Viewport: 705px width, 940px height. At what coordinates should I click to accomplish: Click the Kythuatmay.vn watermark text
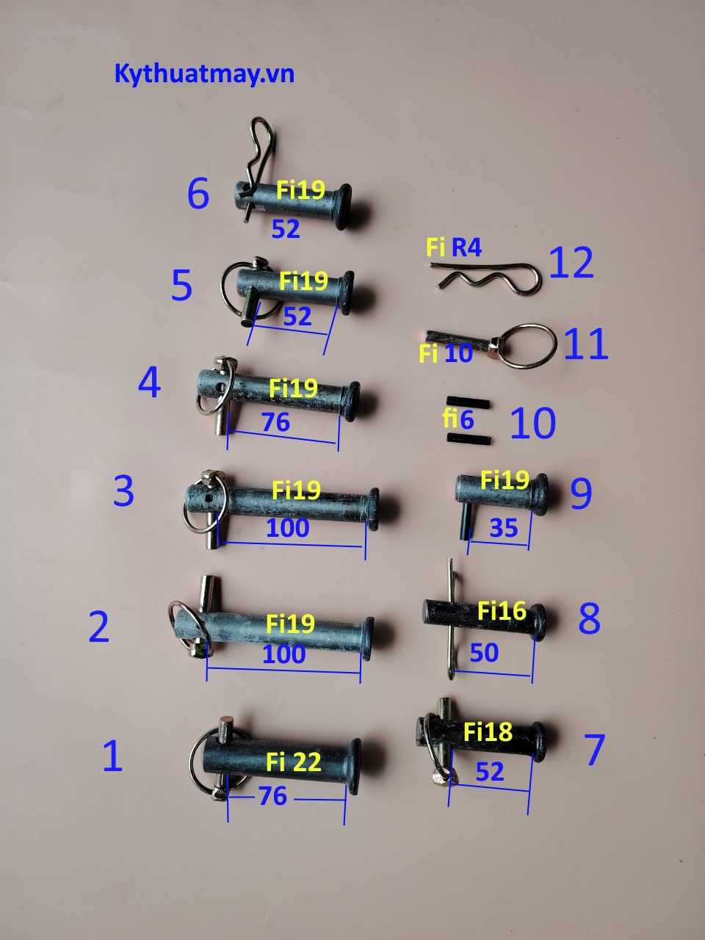pos(204,74)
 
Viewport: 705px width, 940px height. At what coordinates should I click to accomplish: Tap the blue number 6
pos(198,193)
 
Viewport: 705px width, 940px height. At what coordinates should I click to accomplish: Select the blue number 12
pos(571,262)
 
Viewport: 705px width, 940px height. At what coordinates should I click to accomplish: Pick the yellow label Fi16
pos(502,611)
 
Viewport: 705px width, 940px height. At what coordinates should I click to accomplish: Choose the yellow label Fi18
pos(488,731)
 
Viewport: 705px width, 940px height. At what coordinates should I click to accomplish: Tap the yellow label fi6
pos(458,419)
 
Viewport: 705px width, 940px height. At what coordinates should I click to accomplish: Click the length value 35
pos(504,527)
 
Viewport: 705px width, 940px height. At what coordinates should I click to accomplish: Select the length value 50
pos(484,653)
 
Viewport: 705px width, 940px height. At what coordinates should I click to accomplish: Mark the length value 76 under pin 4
pos(276,422)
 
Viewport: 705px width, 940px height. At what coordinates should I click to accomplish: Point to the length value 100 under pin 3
pos(288,527)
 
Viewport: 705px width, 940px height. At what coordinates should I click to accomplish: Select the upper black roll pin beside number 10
pos(468,402)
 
